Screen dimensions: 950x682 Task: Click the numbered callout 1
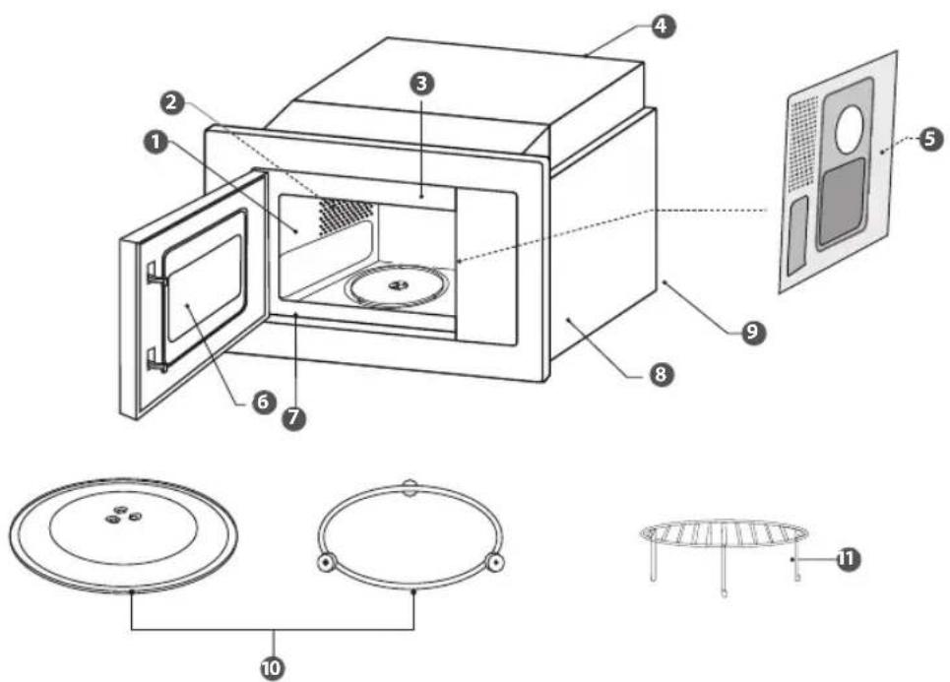(x=157, y=143)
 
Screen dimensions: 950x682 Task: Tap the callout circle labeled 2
(x=172, y=102)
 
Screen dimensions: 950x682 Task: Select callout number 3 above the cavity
(x=422, y=83)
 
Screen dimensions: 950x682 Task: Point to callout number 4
(x=663, y=26)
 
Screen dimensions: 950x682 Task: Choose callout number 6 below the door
(x=264, y=402)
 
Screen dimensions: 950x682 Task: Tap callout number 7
(x=293, y=418)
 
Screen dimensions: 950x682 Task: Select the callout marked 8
(x=660, y=374)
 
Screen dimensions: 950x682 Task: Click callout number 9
(x=751, y=332)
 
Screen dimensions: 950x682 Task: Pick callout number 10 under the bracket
(x=272, y=667)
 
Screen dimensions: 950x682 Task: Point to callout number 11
(x=848, y=559)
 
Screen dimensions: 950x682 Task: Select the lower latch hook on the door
(x=157, y=361)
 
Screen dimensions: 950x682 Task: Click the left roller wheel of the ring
(x=326, y=563)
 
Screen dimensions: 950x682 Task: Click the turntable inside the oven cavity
(x=398, y=285)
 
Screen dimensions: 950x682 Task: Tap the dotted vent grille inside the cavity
(x=346, y=216)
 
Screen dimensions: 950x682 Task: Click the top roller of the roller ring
(x=410, y=486)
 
